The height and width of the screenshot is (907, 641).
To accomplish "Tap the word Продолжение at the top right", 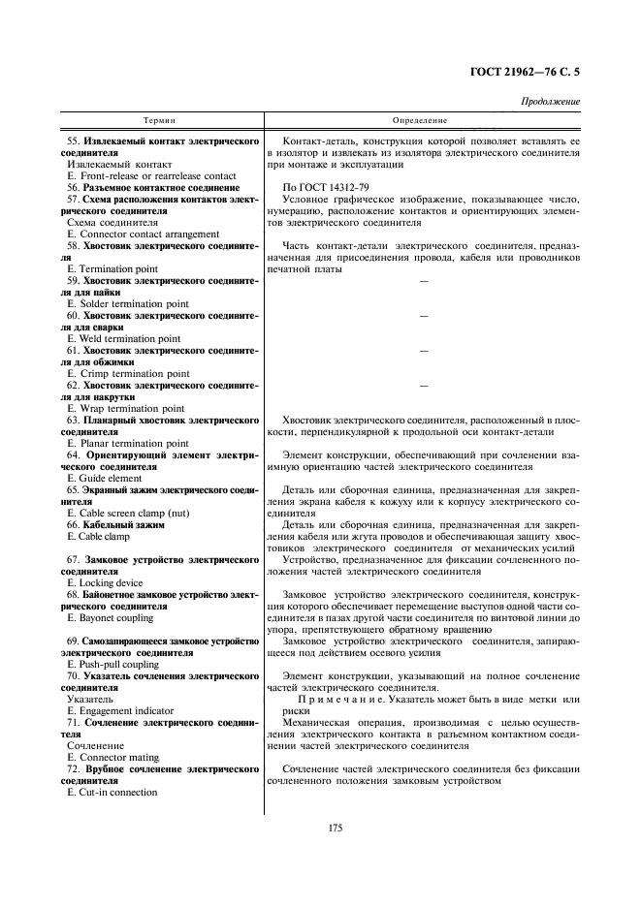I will coord(551,101).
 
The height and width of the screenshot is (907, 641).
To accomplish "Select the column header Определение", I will coord(420,121).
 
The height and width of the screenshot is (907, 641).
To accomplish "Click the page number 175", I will coord(321,828).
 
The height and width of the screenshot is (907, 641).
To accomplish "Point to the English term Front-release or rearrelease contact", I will coord(151,175).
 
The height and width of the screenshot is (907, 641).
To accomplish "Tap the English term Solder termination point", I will coord(128,303).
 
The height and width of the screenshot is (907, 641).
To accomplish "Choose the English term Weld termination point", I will coord(126,338).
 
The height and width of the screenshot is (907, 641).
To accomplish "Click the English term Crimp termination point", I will coord(128,373).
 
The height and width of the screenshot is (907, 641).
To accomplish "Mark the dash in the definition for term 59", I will coord(423,281).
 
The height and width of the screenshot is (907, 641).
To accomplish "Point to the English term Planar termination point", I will coord(128,443).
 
